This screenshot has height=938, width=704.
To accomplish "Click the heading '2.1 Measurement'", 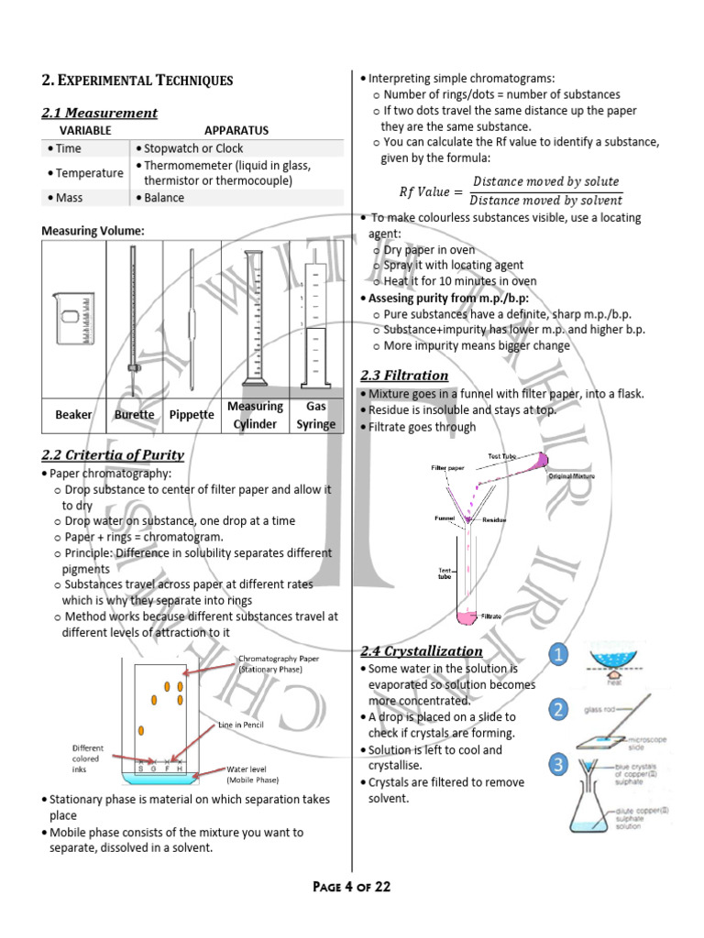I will pyautogui.click(x=99, y=113).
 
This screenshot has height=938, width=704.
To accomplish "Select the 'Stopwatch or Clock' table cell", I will pyautogui.click(x=193, y=148).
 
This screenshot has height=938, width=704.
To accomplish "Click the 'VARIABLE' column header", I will pyautogui.click(x=85, y=131).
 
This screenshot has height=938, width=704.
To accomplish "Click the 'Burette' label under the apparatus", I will pyautogui.click(x=134, y=415).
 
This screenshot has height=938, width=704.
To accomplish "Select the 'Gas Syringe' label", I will pyautogui.click(x=315, y=415).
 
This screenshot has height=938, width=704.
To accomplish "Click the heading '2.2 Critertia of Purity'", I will pyautogui.click(x=113, y=454).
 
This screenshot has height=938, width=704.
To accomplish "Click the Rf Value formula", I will pyautogui.click(x=511, y=191).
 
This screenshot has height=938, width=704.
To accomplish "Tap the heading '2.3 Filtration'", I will pyautogui.click(x=404, y=376).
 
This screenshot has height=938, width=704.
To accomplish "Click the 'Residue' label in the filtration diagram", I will pyautogui.click(x=494, y=519).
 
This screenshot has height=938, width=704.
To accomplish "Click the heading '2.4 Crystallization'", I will pyautogui.click(x=422, y=651).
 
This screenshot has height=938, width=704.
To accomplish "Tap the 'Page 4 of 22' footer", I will pyautogui.click(x=352, y=887).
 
